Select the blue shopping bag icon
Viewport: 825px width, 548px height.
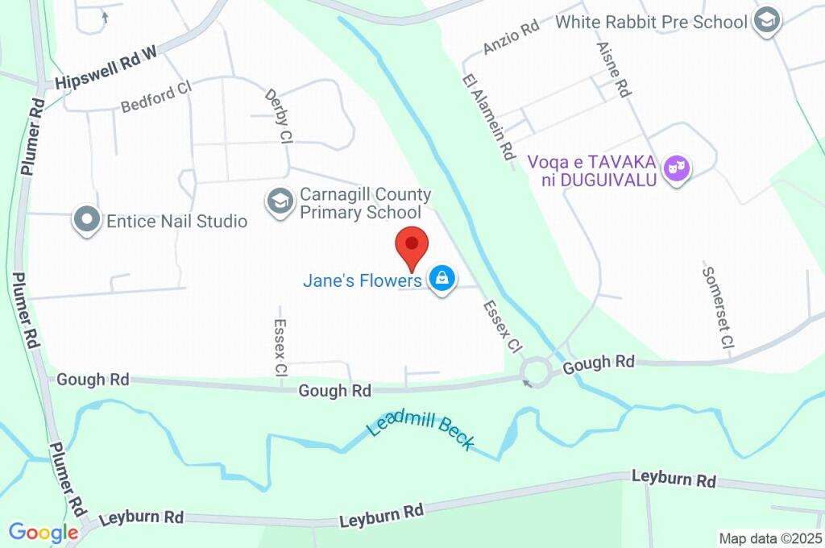(441, 280)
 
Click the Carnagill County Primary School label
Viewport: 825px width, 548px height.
(365, 203)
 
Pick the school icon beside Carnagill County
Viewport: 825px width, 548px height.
(280, 202)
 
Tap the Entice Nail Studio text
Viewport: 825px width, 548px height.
(176, 220)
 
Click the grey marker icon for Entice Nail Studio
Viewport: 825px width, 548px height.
(86, 219)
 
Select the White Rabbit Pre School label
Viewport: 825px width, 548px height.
(651, 22)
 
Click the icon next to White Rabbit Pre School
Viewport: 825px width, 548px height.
(767, 22)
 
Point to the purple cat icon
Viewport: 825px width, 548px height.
(676, 169)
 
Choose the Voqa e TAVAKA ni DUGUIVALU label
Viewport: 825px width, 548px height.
(592, 170)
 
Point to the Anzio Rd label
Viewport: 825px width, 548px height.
(510, 38)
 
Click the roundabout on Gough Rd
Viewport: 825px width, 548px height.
(536, 372)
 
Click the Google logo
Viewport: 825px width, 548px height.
(43, 533)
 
